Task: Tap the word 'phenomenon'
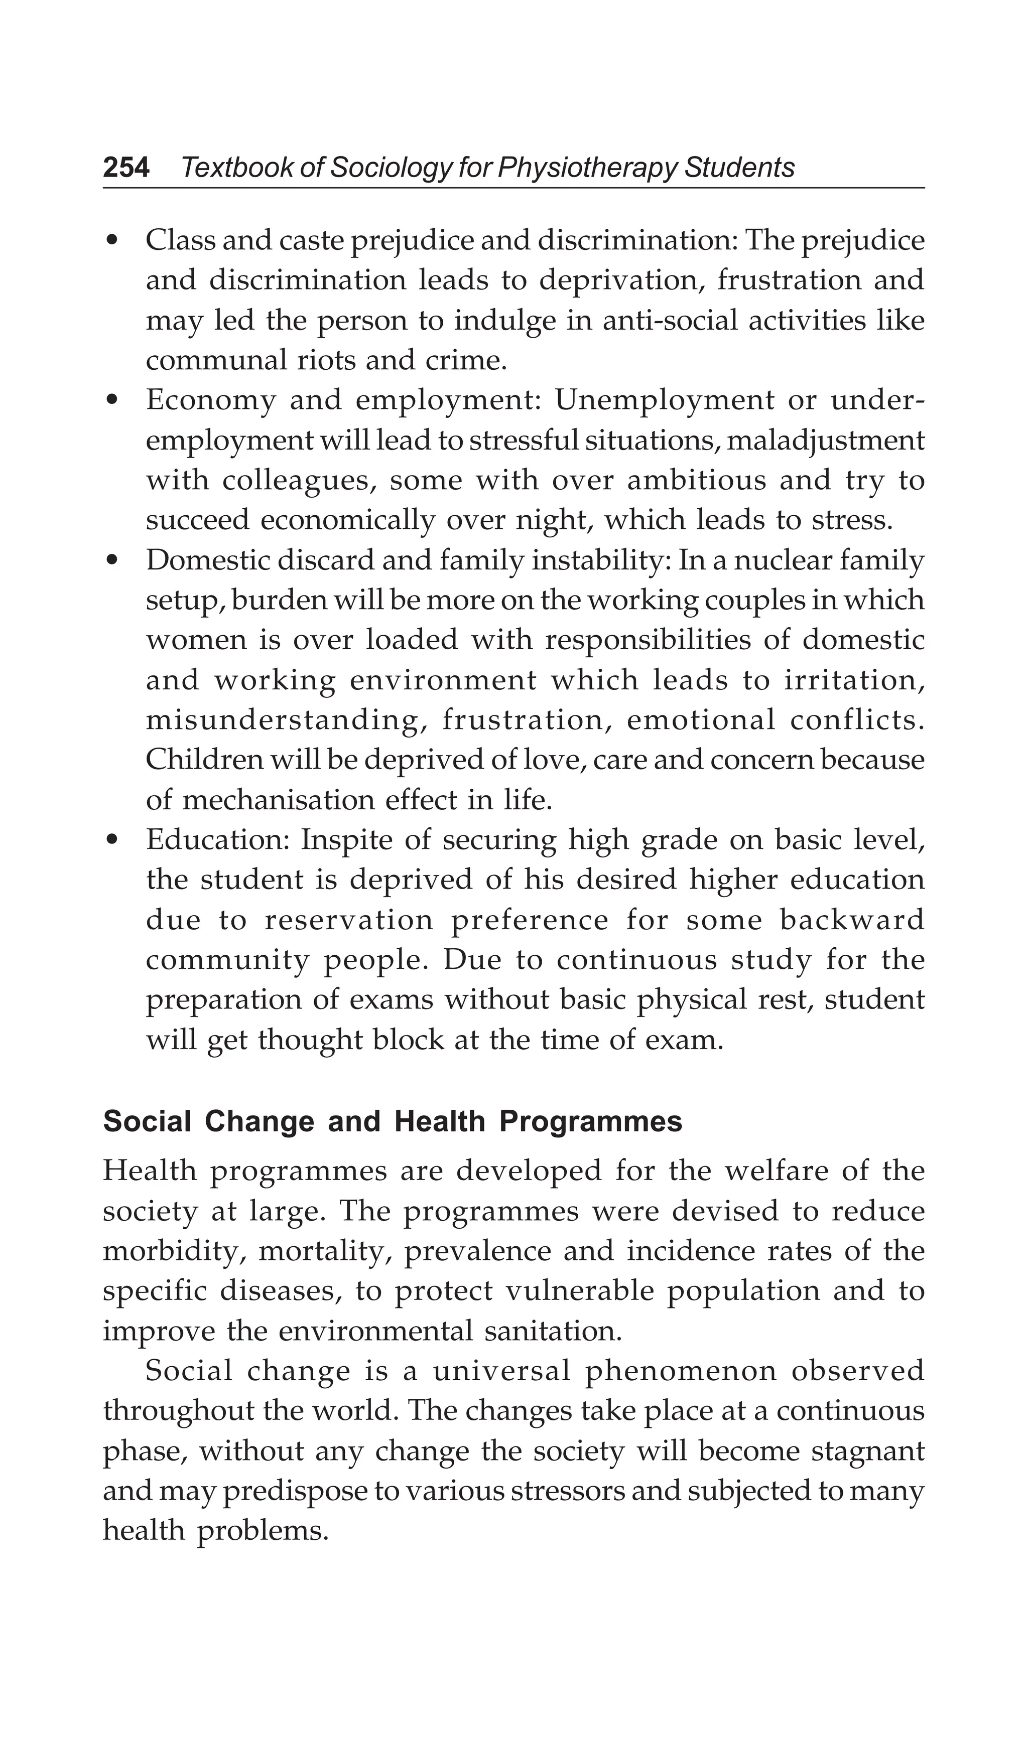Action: [681, 1371]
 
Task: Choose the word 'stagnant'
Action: [867, 1451]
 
